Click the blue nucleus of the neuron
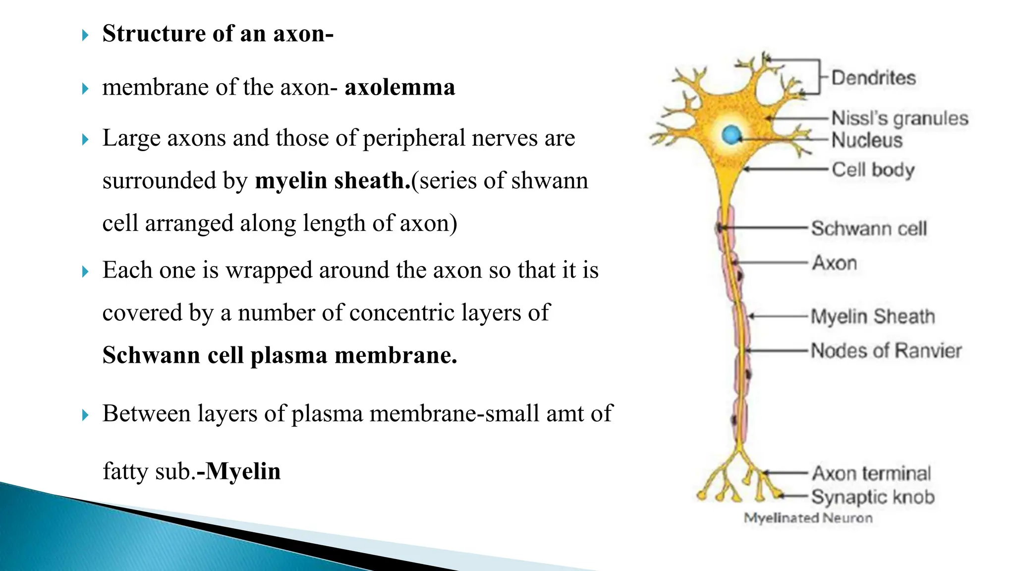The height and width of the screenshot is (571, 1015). [731, 134]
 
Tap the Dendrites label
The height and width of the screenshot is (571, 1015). [873, 78]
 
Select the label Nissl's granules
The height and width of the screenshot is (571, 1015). [900, 118]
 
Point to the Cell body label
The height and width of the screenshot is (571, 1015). [873, 170]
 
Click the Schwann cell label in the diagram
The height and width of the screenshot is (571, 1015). [869, 228]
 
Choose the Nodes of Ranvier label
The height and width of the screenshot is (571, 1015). [886, 351]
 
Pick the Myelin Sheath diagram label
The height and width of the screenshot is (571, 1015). [873, 316]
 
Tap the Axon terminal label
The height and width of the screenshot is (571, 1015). [871, 473]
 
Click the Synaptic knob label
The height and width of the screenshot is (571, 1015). [873, 497]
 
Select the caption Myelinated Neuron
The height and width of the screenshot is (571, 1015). [808, 518]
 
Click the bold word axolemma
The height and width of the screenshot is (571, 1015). [399, 87]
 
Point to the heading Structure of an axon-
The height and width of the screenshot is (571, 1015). [218, 34]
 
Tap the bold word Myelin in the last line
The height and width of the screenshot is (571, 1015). [243, 471]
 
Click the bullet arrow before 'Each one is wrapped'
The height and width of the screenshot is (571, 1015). [85, 272]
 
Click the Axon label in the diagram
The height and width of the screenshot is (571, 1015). [835, 263]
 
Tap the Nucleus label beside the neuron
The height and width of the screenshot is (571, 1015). [867, 140]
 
